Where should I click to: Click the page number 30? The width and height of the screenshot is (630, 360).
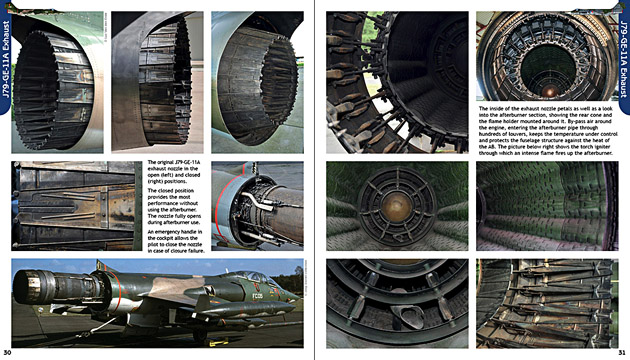pyautogui.click(x=8, y=353)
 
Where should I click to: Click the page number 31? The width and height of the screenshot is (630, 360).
pyautogui.click(x=621, y=353)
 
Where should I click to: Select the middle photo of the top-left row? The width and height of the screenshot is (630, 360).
pyautogui.click(x=156, y=82)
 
